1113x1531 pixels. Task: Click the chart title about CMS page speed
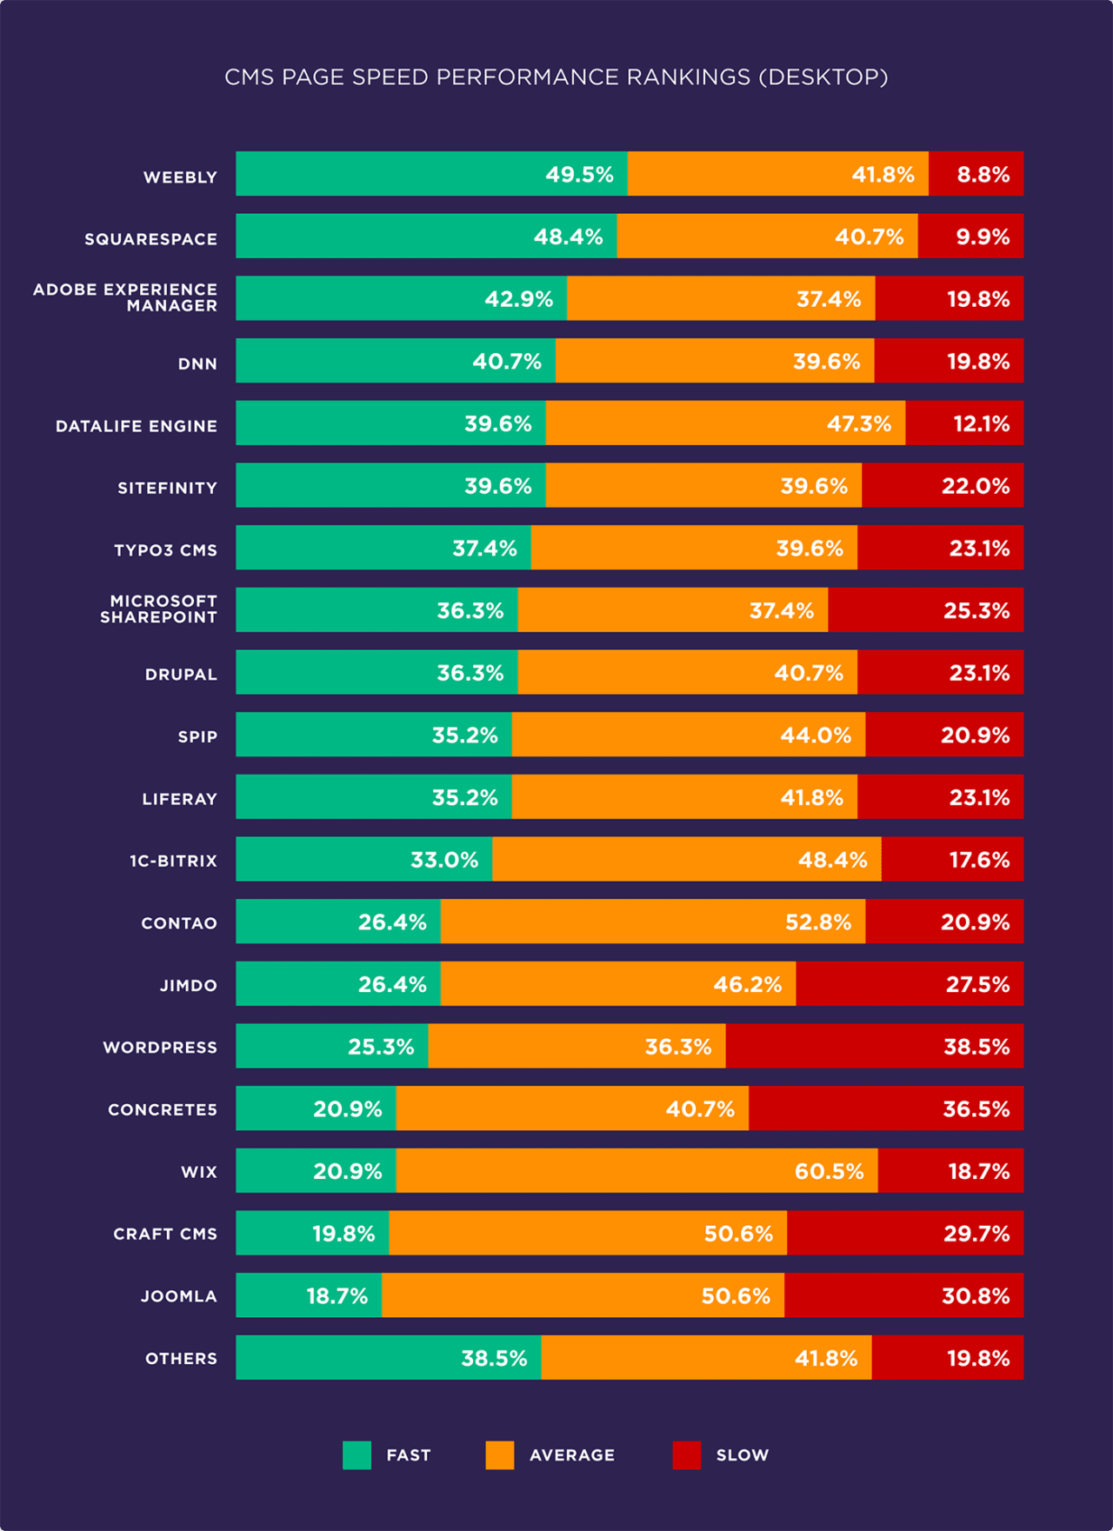click(x=556, y=77)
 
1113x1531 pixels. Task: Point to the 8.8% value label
click(x=983, y=175)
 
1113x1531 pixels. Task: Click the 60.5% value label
click(x=829, y=1171)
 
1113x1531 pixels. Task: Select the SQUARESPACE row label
click(x=150, y=239)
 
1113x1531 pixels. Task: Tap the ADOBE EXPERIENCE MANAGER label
click(x=125, y=297)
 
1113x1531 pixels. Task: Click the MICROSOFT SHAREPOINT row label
click(x=158, y=609)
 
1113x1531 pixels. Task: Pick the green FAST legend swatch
click(x=357, y=1454)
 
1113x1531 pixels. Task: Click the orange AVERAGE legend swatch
click(x=499, y=1454)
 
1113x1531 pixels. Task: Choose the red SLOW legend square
click(x=686, y=1454)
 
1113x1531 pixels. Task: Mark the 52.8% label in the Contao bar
click(x=817, y=922)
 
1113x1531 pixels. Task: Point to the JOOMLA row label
click(x=179, y=1296)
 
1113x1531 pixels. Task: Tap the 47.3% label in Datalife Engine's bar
click(x=858, y=424)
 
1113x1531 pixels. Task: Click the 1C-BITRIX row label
click(x=173, y=861)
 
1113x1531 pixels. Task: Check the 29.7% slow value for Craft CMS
click(x=976, y=1234)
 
